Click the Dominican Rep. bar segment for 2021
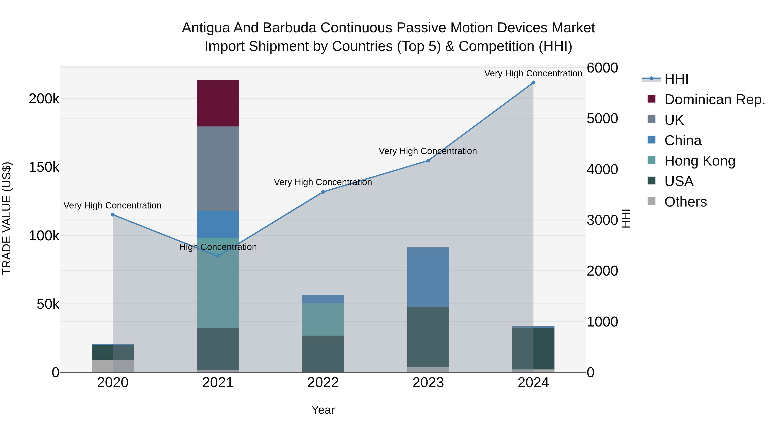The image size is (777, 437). click(218, 103)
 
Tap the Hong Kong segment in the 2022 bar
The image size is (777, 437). click(323, 319)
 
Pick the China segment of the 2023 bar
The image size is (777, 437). click(428, 277)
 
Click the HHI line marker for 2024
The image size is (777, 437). click(533, 83)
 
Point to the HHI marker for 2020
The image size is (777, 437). click(113, 215)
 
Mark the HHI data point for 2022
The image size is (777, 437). click(323, 192)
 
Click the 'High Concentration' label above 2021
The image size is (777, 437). click(218, 247)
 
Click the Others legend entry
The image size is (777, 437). click(685, 202)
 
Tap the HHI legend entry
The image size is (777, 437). click(676, 79)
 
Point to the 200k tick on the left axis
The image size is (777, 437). click(44, 99)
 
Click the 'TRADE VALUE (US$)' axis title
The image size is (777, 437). click(7, 218)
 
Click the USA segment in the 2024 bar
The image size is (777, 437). click(533, 348)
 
